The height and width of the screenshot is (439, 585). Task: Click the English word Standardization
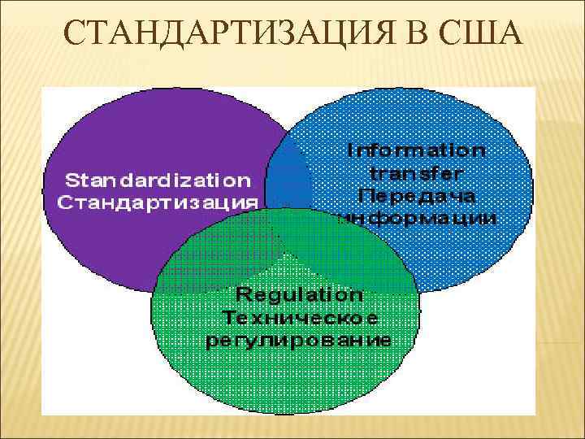pos(158,178)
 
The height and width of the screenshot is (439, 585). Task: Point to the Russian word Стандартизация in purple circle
pos(158,201)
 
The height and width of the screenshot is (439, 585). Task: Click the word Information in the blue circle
pos(416,150)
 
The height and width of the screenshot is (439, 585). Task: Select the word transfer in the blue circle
pos(416,173)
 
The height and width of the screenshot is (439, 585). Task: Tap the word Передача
pos(416,196)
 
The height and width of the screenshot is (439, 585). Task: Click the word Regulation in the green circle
pos(299,293)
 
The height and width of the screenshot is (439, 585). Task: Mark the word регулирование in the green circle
pos(299,339)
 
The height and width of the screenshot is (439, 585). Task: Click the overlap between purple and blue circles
pos(289,175)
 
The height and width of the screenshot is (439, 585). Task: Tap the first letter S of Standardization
pos(71,178)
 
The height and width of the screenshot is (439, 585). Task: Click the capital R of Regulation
pos(241,293)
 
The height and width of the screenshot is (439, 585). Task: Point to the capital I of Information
pos(350,150)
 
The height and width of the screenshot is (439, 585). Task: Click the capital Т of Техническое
pos(228,316)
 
